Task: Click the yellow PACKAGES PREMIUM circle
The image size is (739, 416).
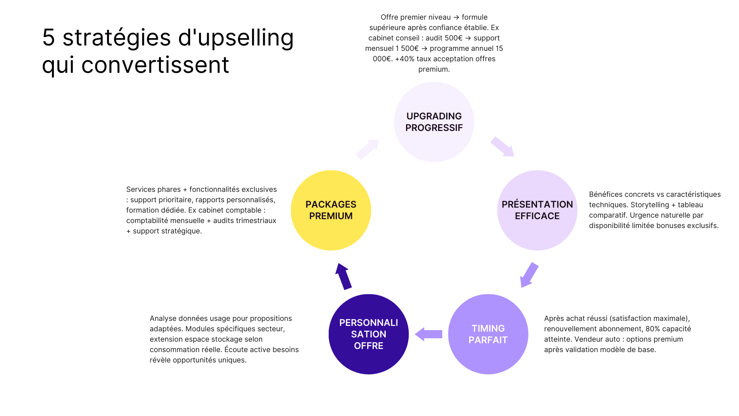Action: point(331,210)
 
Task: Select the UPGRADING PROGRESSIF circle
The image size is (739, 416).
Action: point(434,122)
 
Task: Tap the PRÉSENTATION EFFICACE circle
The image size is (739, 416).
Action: point(537,210)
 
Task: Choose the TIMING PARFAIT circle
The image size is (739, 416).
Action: point(488,334)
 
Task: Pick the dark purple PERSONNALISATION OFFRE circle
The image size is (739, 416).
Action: point(368,334)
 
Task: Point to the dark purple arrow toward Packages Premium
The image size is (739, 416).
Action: point(343,276)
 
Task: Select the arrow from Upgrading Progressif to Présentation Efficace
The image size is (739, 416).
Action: point(502,146)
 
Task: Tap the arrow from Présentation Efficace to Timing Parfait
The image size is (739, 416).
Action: point(529,275)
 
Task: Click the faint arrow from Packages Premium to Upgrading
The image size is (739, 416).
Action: point(368,149)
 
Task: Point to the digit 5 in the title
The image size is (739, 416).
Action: point(48,38)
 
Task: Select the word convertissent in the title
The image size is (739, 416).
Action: point(155,65)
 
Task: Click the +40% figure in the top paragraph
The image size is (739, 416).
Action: point(405,59)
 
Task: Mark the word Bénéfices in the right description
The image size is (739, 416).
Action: point(606,195)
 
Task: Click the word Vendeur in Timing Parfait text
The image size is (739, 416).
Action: point(595,339)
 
